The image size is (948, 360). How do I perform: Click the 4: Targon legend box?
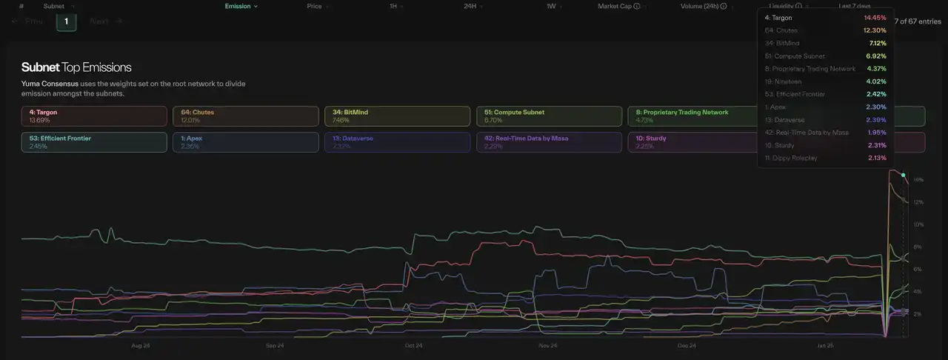94,116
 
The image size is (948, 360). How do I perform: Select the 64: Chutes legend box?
245,116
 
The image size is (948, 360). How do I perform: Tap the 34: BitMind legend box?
397,116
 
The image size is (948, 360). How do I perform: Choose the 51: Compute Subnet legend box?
548,116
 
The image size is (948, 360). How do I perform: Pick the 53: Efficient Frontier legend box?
94,142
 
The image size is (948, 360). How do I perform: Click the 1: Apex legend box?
245,142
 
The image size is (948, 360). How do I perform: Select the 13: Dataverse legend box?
397,142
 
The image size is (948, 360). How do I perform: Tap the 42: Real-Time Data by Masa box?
548,142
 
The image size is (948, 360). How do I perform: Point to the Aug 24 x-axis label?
141,346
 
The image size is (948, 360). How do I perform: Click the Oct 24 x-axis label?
414,346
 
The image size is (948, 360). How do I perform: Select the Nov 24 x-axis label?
548,346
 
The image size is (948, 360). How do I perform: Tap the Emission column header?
241,6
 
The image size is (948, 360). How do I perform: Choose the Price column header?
315,6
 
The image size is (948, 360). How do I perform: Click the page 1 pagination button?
66,21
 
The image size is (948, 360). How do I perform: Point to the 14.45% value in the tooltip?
875,17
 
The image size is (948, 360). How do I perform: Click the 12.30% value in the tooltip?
875,30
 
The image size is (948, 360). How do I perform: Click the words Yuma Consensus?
50,84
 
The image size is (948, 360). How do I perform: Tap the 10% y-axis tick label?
918,224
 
